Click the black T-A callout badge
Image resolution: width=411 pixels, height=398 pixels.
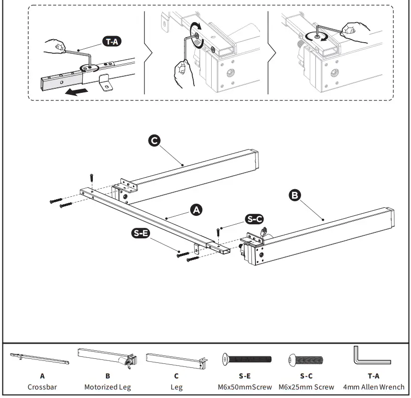coord(111,42)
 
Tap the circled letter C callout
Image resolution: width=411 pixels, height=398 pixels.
coord(155,141)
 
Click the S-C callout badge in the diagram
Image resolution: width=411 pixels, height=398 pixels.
coord(254,219)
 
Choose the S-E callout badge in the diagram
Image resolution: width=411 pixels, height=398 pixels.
coord(141,233)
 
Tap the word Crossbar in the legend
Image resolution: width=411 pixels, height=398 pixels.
coord(42,387)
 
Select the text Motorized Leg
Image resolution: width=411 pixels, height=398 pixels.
coord(107,387)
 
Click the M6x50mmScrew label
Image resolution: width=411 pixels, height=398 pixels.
coord(245,387)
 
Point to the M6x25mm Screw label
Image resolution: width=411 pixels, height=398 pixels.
coord(306,387)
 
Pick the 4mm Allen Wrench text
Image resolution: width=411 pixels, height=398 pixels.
coord(373,387)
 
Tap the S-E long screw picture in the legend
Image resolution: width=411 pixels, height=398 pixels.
coord(246,359)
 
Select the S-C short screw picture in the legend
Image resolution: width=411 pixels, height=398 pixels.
coord(306,359)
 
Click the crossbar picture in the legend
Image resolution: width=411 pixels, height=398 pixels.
coord(40,358)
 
